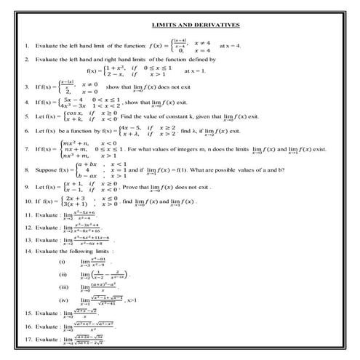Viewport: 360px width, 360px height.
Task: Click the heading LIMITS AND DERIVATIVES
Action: click(x=200, y=25)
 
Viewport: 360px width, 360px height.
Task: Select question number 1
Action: click(x=27, y=45)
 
